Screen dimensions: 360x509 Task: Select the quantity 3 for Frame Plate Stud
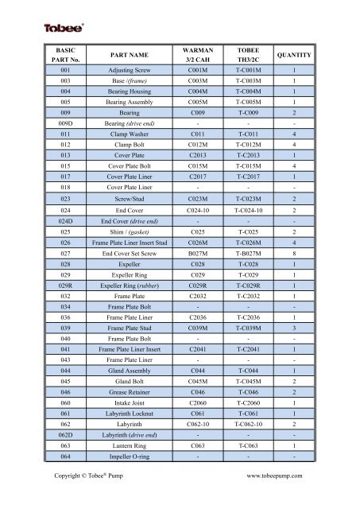point(295,325)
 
